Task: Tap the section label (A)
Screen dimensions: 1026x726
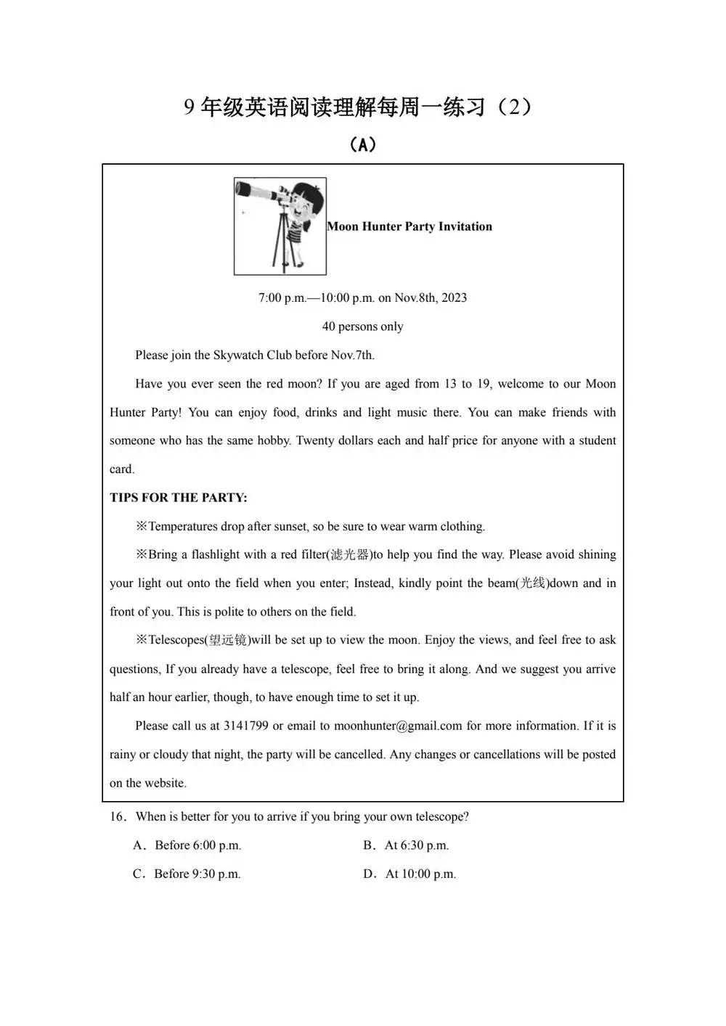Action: pos(362,145)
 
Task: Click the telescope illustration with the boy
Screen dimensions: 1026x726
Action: pos(280,226)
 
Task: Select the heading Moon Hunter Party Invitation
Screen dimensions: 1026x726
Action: pos(409,226)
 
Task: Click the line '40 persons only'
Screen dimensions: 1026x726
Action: pos(362,327)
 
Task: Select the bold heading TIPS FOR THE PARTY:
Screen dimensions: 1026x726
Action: pos(179,498)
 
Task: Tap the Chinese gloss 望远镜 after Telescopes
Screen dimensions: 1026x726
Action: pos(227,640)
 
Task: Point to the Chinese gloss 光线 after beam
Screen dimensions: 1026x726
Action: pos(531,583)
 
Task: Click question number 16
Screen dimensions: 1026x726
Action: pos(118,817)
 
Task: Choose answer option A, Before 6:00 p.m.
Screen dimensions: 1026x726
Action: pos(187,845)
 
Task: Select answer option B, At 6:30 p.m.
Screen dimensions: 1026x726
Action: pos(407,845)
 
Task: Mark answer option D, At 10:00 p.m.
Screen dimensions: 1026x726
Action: pos(410,874)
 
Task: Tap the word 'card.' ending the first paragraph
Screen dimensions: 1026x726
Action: pos(122,469)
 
